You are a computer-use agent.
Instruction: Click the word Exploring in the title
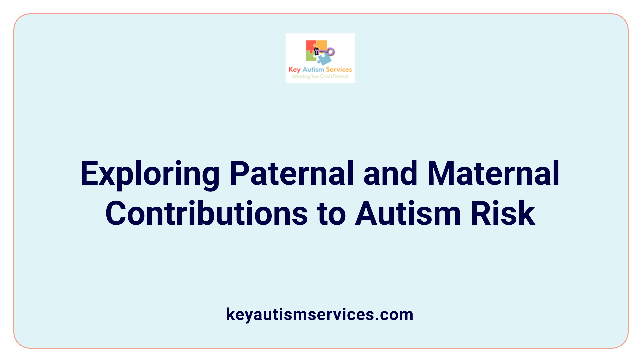coord(150,174)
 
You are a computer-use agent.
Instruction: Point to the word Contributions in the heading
coord(207,213)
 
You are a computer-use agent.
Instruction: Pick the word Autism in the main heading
coord(408,213)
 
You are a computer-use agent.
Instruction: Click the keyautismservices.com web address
coord(320,314)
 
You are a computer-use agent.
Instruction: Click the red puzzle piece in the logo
coord(310,46)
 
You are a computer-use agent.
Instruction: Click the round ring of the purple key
coord(331,52)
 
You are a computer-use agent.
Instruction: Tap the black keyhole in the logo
coord(317,51)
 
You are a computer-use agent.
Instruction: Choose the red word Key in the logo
coord(294,70)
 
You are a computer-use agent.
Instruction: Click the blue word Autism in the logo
coord(313,69)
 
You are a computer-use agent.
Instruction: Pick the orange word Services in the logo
coord(339,69)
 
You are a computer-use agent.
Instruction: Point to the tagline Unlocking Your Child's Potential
coord(320,76)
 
